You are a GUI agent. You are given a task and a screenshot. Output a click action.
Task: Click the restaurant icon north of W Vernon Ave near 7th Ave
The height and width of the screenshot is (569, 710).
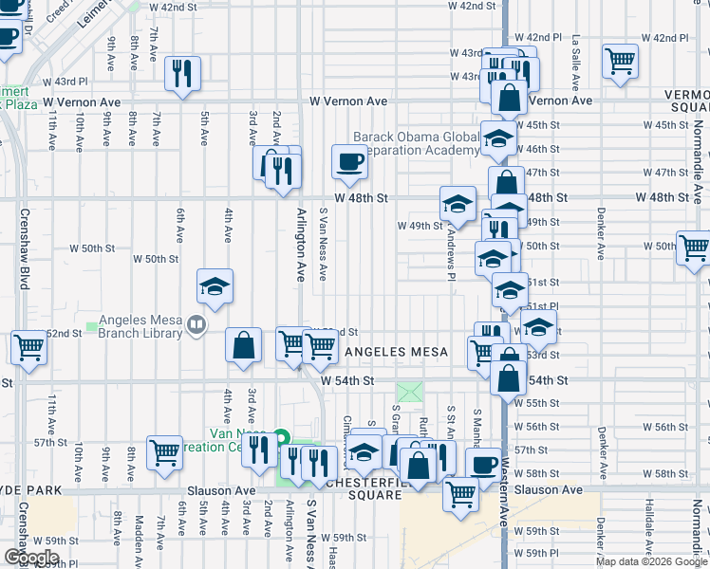coord(181,73)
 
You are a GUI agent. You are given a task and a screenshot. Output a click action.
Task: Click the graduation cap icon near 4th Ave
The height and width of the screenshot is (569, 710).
coord(215,285)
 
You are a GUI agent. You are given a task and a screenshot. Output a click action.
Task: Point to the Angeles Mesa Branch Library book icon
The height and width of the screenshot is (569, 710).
coord(196,326)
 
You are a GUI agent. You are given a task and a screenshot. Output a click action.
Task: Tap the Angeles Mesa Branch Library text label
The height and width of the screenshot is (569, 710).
coord(141,326)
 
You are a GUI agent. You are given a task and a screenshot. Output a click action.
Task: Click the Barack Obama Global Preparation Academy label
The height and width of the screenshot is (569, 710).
coord(418,143)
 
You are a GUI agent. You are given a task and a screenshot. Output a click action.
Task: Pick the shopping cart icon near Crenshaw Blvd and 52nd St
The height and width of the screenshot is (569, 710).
coord(29,347)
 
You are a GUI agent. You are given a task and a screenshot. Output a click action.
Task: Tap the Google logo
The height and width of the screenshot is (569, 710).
coord(31,557)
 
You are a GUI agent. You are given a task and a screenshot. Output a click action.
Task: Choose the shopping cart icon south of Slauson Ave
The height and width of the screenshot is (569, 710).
coord(460,493)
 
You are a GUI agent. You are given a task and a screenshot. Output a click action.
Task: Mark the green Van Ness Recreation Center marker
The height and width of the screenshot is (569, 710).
coord(281,438)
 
